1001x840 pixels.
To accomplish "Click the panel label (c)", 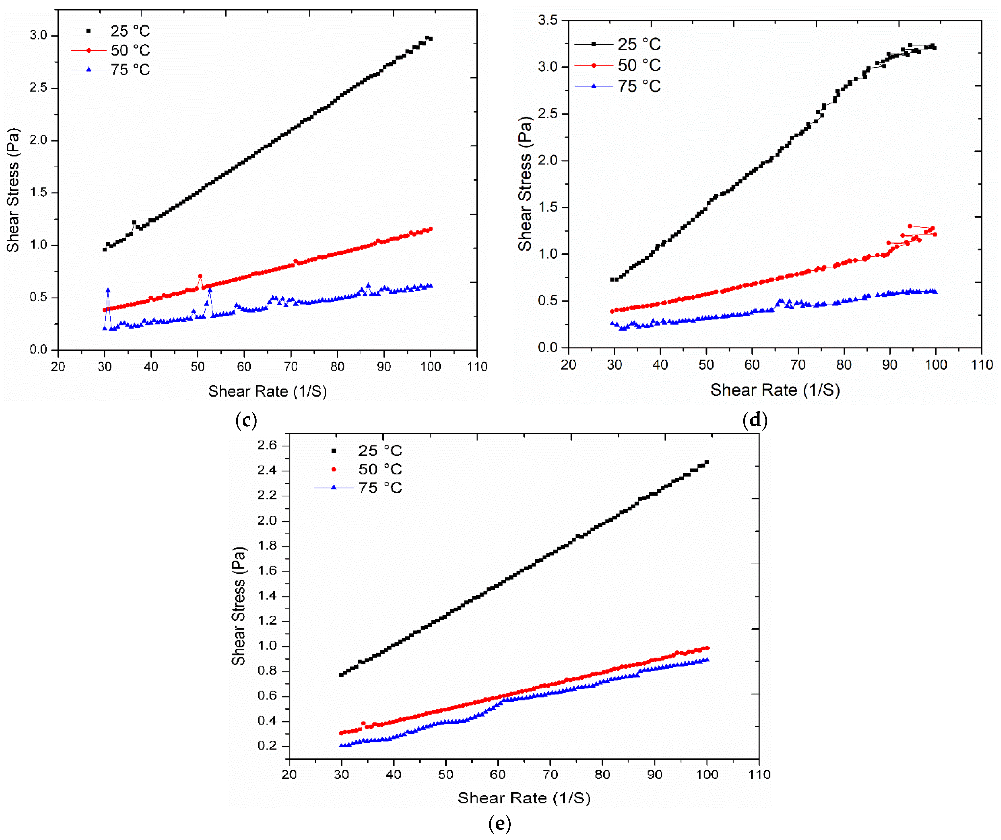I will coord(246,420).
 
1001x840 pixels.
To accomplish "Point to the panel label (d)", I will coord(755,420).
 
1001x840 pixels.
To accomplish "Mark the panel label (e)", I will coord(500,823).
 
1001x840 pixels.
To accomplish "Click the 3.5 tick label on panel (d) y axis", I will coord(548,20).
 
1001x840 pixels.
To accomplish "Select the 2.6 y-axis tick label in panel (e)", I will coord(267,445).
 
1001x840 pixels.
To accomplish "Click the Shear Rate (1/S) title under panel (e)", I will coord(524,798).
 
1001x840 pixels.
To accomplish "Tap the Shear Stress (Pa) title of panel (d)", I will coord(525,184).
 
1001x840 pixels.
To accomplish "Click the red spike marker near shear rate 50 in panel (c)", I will coord(200,276).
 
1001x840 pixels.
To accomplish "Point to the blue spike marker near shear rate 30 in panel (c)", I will coord(108,290).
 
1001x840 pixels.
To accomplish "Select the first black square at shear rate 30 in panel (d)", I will coord(612,280).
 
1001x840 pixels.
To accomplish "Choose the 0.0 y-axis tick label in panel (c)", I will coord(38,350).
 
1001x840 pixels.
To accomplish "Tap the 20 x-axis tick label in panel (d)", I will coord(568,365).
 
